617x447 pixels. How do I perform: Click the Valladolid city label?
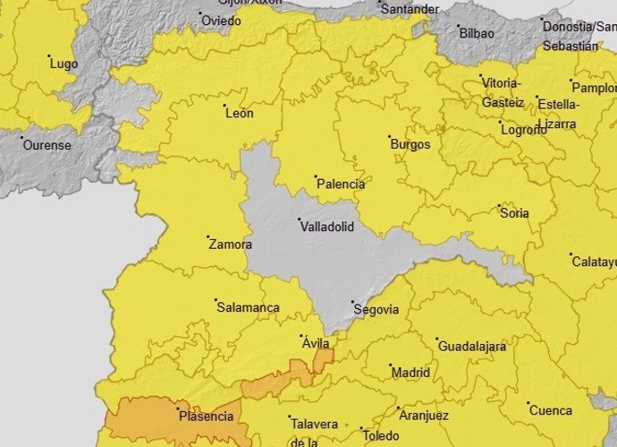[330, 227]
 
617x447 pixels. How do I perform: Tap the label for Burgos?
[410, 144]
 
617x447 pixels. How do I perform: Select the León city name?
[239, 114]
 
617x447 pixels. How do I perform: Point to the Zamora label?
[230, 244]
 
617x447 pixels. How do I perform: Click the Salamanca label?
[248, 307]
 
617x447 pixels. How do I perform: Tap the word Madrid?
[410, 373]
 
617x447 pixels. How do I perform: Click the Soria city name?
[514, 213]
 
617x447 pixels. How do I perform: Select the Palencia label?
[341, 185]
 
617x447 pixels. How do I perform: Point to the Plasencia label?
[206, 417]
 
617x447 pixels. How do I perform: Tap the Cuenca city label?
[550, 411]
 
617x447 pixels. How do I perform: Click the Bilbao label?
[476, 33]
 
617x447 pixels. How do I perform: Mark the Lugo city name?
[64, 64]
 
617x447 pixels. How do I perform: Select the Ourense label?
[46, 145]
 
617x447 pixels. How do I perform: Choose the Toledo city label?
[381, 436]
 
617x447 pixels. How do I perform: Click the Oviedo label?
[221, 21]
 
